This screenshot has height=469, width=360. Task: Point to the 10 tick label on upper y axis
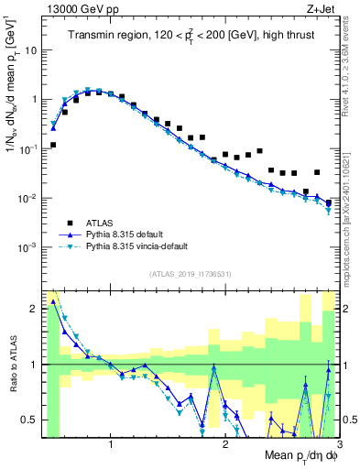click(x=30, y=49)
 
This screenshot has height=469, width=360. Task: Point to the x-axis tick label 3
click(x=337, y=445)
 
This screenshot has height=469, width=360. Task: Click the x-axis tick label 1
click(x=111, y=445)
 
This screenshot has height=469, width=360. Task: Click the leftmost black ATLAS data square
click(x=53, y=145)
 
